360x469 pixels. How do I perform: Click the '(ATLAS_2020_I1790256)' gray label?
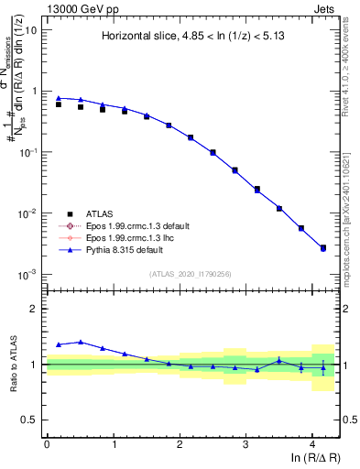[x=191, y=274]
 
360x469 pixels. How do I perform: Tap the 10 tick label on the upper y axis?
[x=31, y=30]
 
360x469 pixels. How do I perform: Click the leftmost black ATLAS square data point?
[x=59, y=104]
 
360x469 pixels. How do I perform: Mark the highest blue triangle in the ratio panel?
[x=81, y=342]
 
